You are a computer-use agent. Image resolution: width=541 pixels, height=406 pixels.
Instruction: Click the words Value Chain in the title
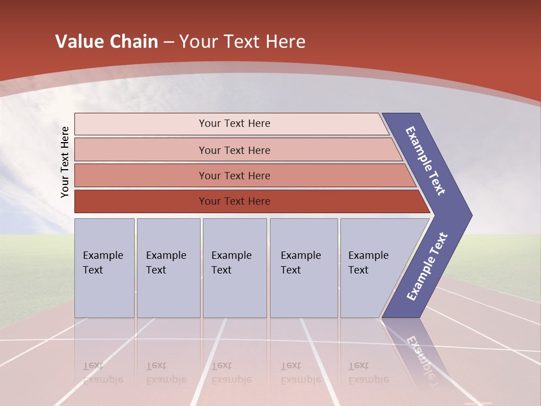[107, 42]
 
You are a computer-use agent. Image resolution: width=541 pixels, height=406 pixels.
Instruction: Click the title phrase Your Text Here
[242, 42]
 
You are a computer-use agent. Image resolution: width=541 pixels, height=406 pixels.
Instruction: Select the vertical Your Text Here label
[65, 162]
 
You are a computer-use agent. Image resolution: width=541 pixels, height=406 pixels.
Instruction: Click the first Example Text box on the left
[104, 268]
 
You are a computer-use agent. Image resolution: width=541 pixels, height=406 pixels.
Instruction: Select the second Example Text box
[168, 268]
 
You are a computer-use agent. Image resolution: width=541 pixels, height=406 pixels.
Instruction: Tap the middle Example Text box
[234, 268]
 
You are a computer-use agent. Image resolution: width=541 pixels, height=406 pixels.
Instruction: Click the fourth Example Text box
[304, 268]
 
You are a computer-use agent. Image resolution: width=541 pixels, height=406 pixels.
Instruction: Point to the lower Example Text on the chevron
[427, 267]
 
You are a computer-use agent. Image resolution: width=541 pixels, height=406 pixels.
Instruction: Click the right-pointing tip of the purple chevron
[468, 215]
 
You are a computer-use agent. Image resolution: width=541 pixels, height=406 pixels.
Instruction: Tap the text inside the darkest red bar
[234, 201]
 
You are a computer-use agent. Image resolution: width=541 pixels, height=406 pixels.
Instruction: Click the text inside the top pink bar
[234, 123]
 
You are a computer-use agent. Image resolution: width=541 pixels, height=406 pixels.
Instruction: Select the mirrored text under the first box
[103, 373]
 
